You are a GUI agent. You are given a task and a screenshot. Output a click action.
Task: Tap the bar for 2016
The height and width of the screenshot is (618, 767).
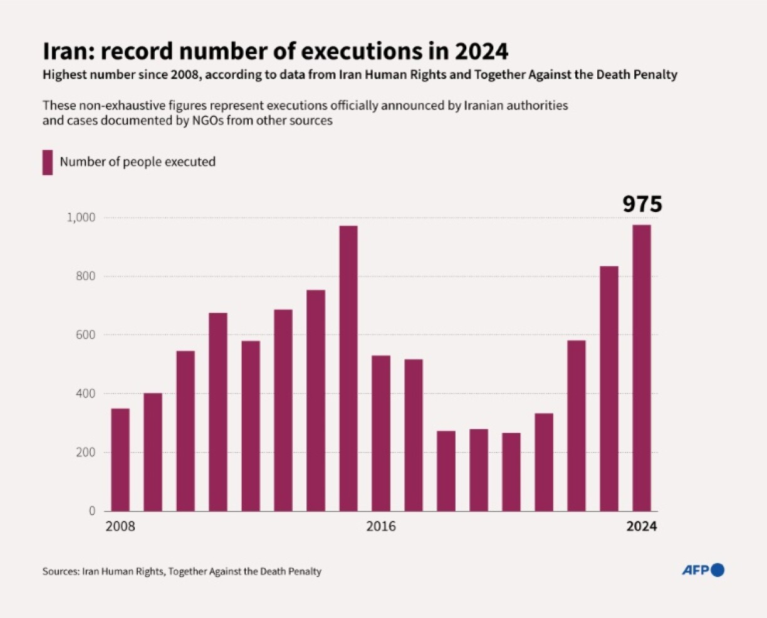(381, 433)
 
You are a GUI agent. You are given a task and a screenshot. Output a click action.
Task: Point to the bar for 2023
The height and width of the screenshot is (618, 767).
(609, 388)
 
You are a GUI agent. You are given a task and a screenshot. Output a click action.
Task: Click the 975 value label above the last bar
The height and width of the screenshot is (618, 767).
(642, 205)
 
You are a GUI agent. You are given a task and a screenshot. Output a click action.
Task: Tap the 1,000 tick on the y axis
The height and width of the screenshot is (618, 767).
(81, 218)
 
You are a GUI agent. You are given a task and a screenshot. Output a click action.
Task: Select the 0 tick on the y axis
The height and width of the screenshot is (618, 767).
(92, 511)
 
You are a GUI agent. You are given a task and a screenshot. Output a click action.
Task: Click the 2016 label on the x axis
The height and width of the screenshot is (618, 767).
(381, 526)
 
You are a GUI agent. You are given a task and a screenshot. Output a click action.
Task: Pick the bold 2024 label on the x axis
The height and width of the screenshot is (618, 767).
(642, 526)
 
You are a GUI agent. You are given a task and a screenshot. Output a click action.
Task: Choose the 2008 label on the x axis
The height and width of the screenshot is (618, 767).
(120, 526)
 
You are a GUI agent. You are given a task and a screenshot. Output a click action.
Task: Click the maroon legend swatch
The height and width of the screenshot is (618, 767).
(48, 162)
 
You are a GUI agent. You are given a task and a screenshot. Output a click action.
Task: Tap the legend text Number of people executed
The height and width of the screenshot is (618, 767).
(137, 162)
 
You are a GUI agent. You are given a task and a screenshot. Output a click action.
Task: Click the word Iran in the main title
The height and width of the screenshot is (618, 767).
(63, 50)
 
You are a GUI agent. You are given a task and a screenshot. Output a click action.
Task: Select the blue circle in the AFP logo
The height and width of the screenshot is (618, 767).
(718, 570)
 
